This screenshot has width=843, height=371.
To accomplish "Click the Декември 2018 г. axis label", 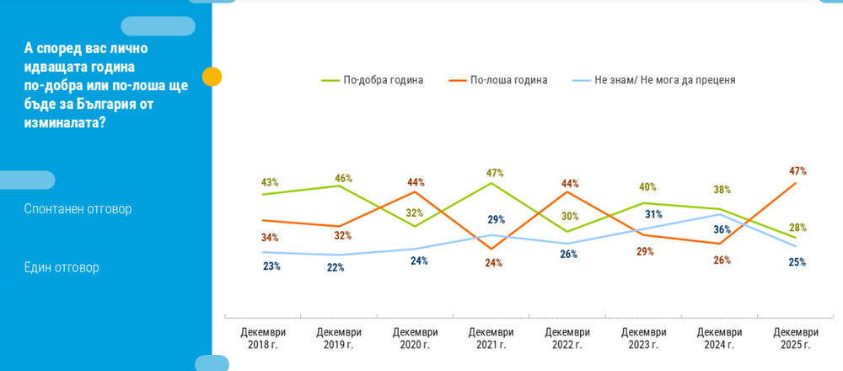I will (x=263, y=339).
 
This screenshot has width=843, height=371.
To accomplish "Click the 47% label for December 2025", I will (x=797, y=170).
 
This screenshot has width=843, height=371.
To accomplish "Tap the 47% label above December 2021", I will (x=496, y=173).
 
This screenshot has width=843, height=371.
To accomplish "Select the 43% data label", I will (x=270, y=182).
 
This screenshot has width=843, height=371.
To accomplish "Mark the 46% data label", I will (x=343, y=178).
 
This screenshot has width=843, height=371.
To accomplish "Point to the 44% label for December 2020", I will (x=416, y=181).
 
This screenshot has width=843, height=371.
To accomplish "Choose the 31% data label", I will (x=654, y=214).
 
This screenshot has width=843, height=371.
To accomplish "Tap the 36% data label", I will (x=723, y=229).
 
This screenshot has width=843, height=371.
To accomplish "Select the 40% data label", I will (x=647, y=187).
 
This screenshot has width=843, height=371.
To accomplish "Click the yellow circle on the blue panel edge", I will (x=212, y=77).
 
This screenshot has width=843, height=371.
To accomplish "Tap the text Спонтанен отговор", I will (x=78, y=208).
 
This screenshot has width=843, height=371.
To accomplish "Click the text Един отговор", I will (x=62, y=267).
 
